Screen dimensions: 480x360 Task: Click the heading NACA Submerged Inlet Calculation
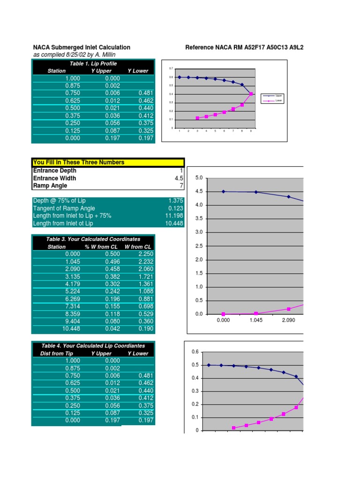click(x=82, y=47)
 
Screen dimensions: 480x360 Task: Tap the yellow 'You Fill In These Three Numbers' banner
click(x=79, y=162)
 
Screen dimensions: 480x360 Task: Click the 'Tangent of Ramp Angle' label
click(x=64, y=208)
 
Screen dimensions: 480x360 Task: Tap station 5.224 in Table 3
click(x=73, y=292)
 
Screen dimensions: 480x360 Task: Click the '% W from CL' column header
click(x=101, y=247)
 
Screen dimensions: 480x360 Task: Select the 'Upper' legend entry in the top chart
click(x=278, y=96)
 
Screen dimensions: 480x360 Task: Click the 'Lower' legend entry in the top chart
click(x=278, y=100)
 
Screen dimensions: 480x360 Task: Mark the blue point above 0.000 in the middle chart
click(x=223, y=191)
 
